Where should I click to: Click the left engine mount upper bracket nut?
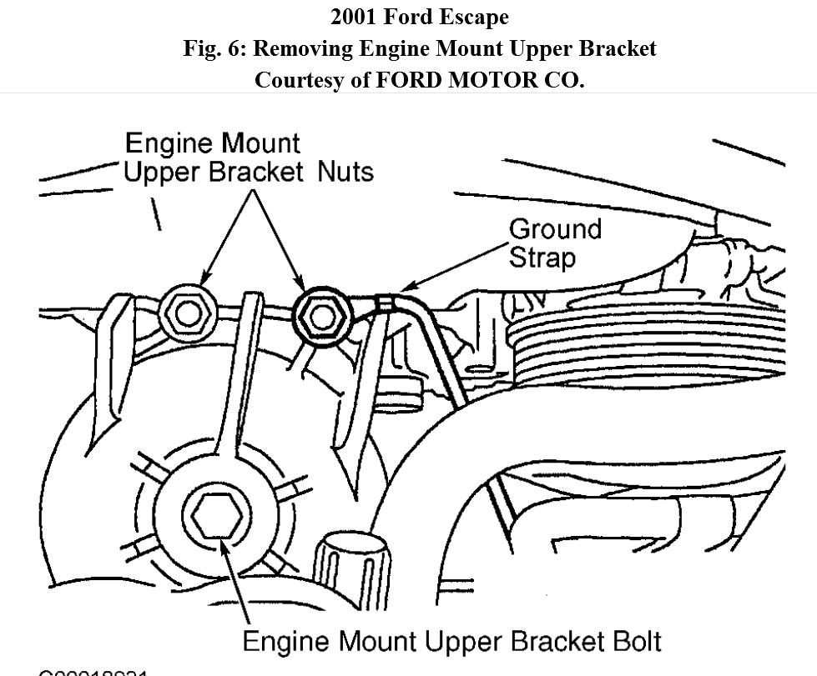tap(188, 313)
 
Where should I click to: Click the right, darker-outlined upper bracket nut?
tap(319, 314)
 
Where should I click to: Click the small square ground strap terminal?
tap(385, 303)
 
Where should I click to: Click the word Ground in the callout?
tap(555, 229)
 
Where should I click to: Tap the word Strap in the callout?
tap(542, 257)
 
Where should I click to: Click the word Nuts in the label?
tap(345, 172)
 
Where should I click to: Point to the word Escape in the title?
tap(473, 17)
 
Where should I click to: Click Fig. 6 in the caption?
tap(214, 48)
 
